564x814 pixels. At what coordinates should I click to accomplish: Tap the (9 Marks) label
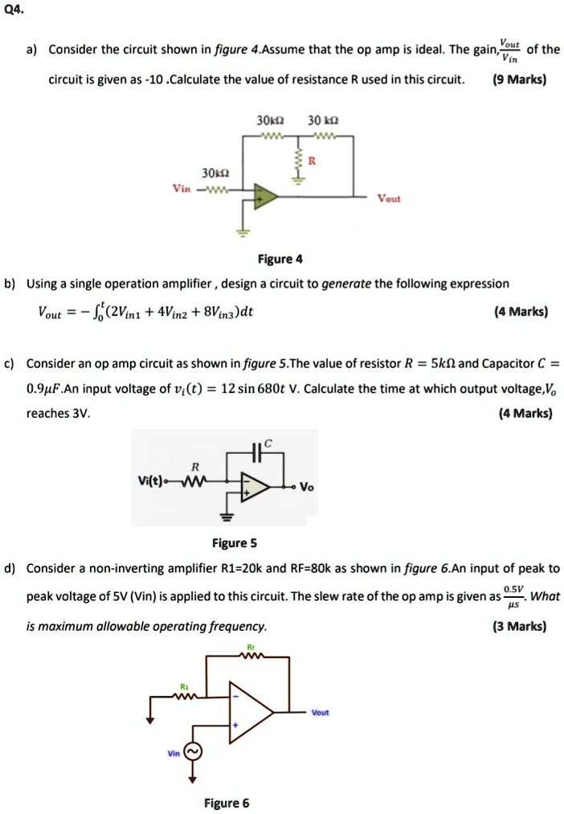[x=519, y=80]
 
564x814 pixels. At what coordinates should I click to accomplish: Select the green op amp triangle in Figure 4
[x=266, y=196]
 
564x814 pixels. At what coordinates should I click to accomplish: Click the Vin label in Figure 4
[x=182, y=190]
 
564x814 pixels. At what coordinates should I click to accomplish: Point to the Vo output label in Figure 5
[x=309, y=487]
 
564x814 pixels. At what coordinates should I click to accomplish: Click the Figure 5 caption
[x=234, y=543]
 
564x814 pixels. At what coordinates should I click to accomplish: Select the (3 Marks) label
[x=519, y=626]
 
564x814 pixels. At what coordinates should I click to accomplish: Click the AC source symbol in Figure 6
[x=194, y=751]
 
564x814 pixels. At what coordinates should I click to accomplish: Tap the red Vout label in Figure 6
[x=321, y=713]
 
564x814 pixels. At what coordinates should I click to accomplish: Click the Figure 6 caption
[x=227, y=803]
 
